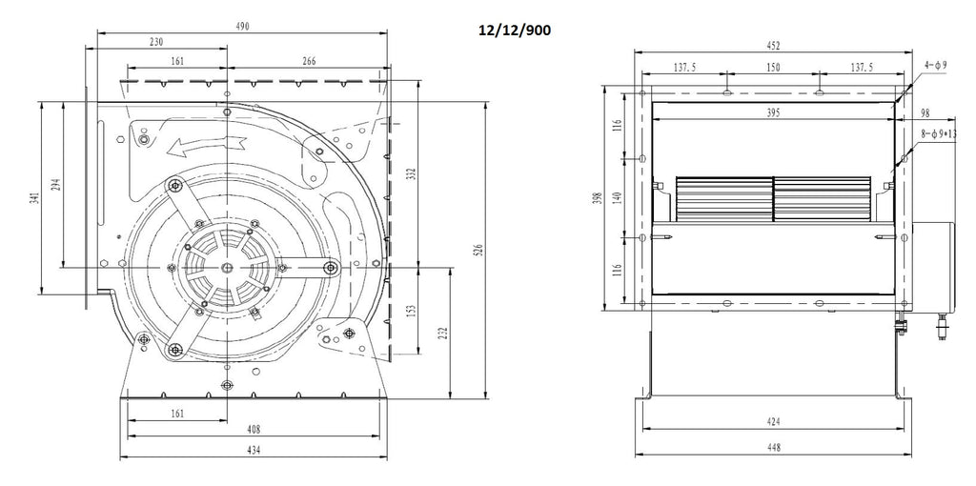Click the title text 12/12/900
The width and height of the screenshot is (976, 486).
click(514, 30)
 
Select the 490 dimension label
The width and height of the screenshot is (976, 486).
click(242, 26)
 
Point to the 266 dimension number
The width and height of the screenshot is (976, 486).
click(308, 61)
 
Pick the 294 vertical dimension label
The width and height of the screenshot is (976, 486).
click(56, 185)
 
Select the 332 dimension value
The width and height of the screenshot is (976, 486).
click(411, 173)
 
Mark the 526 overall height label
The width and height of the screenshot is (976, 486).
click(478, 251)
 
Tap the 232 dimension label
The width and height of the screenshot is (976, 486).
click(442, 334)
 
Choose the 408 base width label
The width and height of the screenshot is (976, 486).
click(254, 430)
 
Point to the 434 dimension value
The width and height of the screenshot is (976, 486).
click(254, 449)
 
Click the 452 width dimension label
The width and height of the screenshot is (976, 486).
click(772, 46)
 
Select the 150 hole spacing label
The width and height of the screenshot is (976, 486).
click(772, 68)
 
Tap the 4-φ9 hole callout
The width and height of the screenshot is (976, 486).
click(936, 64)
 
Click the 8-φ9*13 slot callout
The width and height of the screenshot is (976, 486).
click(939, 133)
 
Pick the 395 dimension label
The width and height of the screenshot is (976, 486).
click(772, 112)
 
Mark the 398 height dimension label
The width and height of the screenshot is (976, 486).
click(598, 198)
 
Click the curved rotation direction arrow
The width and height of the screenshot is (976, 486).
click(206, 145)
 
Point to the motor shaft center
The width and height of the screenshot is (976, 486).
click(227, 268)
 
